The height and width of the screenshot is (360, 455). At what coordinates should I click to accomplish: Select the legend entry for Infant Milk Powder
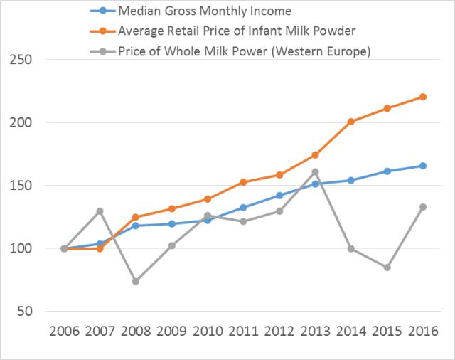(237, 31)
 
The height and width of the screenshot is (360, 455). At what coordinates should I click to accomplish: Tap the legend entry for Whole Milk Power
(245, 51)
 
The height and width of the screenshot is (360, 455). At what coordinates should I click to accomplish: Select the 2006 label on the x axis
(64, 332)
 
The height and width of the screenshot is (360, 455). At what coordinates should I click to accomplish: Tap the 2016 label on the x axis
(422, 332)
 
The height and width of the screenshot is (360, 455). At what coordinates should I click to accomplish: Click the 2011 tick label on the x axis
(243, 332)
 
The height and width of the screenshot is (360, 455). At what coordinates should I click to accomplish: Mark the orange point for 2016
(422, 97)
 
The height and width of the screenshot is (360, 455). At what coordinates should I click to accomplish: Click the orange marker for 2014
(351, 122)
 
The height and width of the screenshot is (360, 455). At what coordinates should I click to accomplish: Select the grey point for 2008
(136, 281)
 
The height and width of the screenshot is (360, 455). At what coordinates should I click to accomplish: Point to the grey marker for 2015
(387, 268)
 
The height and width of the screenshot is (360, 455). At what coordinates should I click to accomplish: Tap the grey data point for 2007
(100, 211)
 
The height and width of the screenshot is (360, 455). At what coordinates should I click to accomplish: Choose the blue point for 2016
(422, 166)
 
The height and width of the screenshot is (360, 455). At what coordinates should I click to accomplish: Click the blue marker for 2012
(279, 196)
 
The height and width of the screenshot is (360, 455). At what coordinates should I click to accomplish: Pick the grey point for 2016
(422, 207)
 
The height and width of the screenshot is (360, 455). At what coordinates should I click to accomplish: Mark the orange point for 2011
(243, 182)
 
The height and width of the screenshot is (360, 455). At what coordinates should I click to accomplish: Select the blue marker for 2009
(171, 224)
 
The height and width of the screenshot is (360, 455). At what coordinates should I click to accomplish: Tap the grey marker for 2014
(351, 248)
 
